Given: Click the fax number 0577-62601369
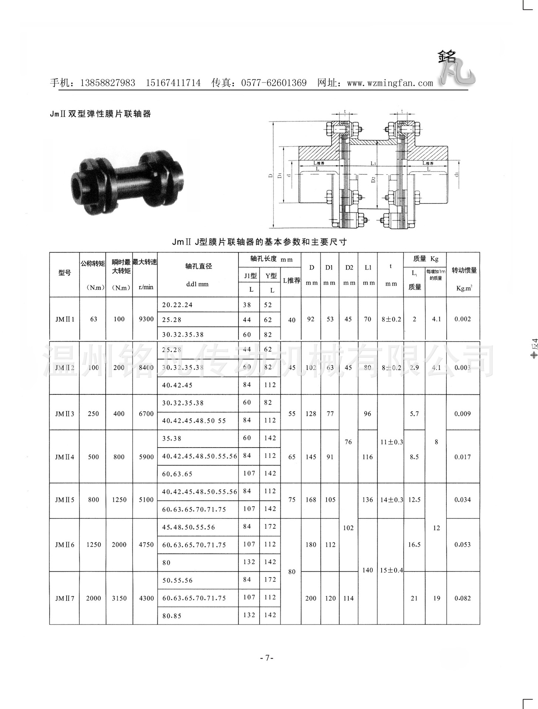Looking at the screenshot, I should tap(274, 83).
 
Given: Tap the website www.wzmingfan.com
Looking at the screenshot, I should tap(390, 83).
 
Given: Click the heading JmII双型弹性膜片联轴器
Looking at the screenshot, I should tap(101, 114).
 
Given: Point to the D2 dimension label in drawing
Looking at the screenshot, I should tap(374, 180).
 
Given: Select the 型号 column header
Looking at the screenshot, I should tap(64, 273).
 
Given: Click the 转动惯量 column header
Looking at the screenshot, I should tap(464, 271).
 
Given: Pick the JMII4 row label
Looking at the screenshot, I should tap(65, 457).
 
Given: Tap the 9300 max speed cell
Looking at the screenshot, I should tap(146, 319).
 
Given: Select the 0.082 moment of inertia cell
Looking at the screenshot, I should tap(463, 598).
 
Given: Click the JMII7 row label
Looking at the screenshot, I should tap(65, 598).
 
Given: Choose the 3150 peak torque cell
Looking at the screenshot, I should tap(119, 598).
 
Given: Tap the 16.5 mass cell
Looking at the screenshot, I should tap(414, 545).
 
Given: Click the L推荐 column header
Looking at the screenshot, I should tap(291, 281).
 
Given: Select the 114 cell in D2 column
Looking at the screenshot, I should tap(348, 598).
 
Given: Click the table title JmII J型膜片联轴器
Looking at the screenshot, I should tap(259, 242).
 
